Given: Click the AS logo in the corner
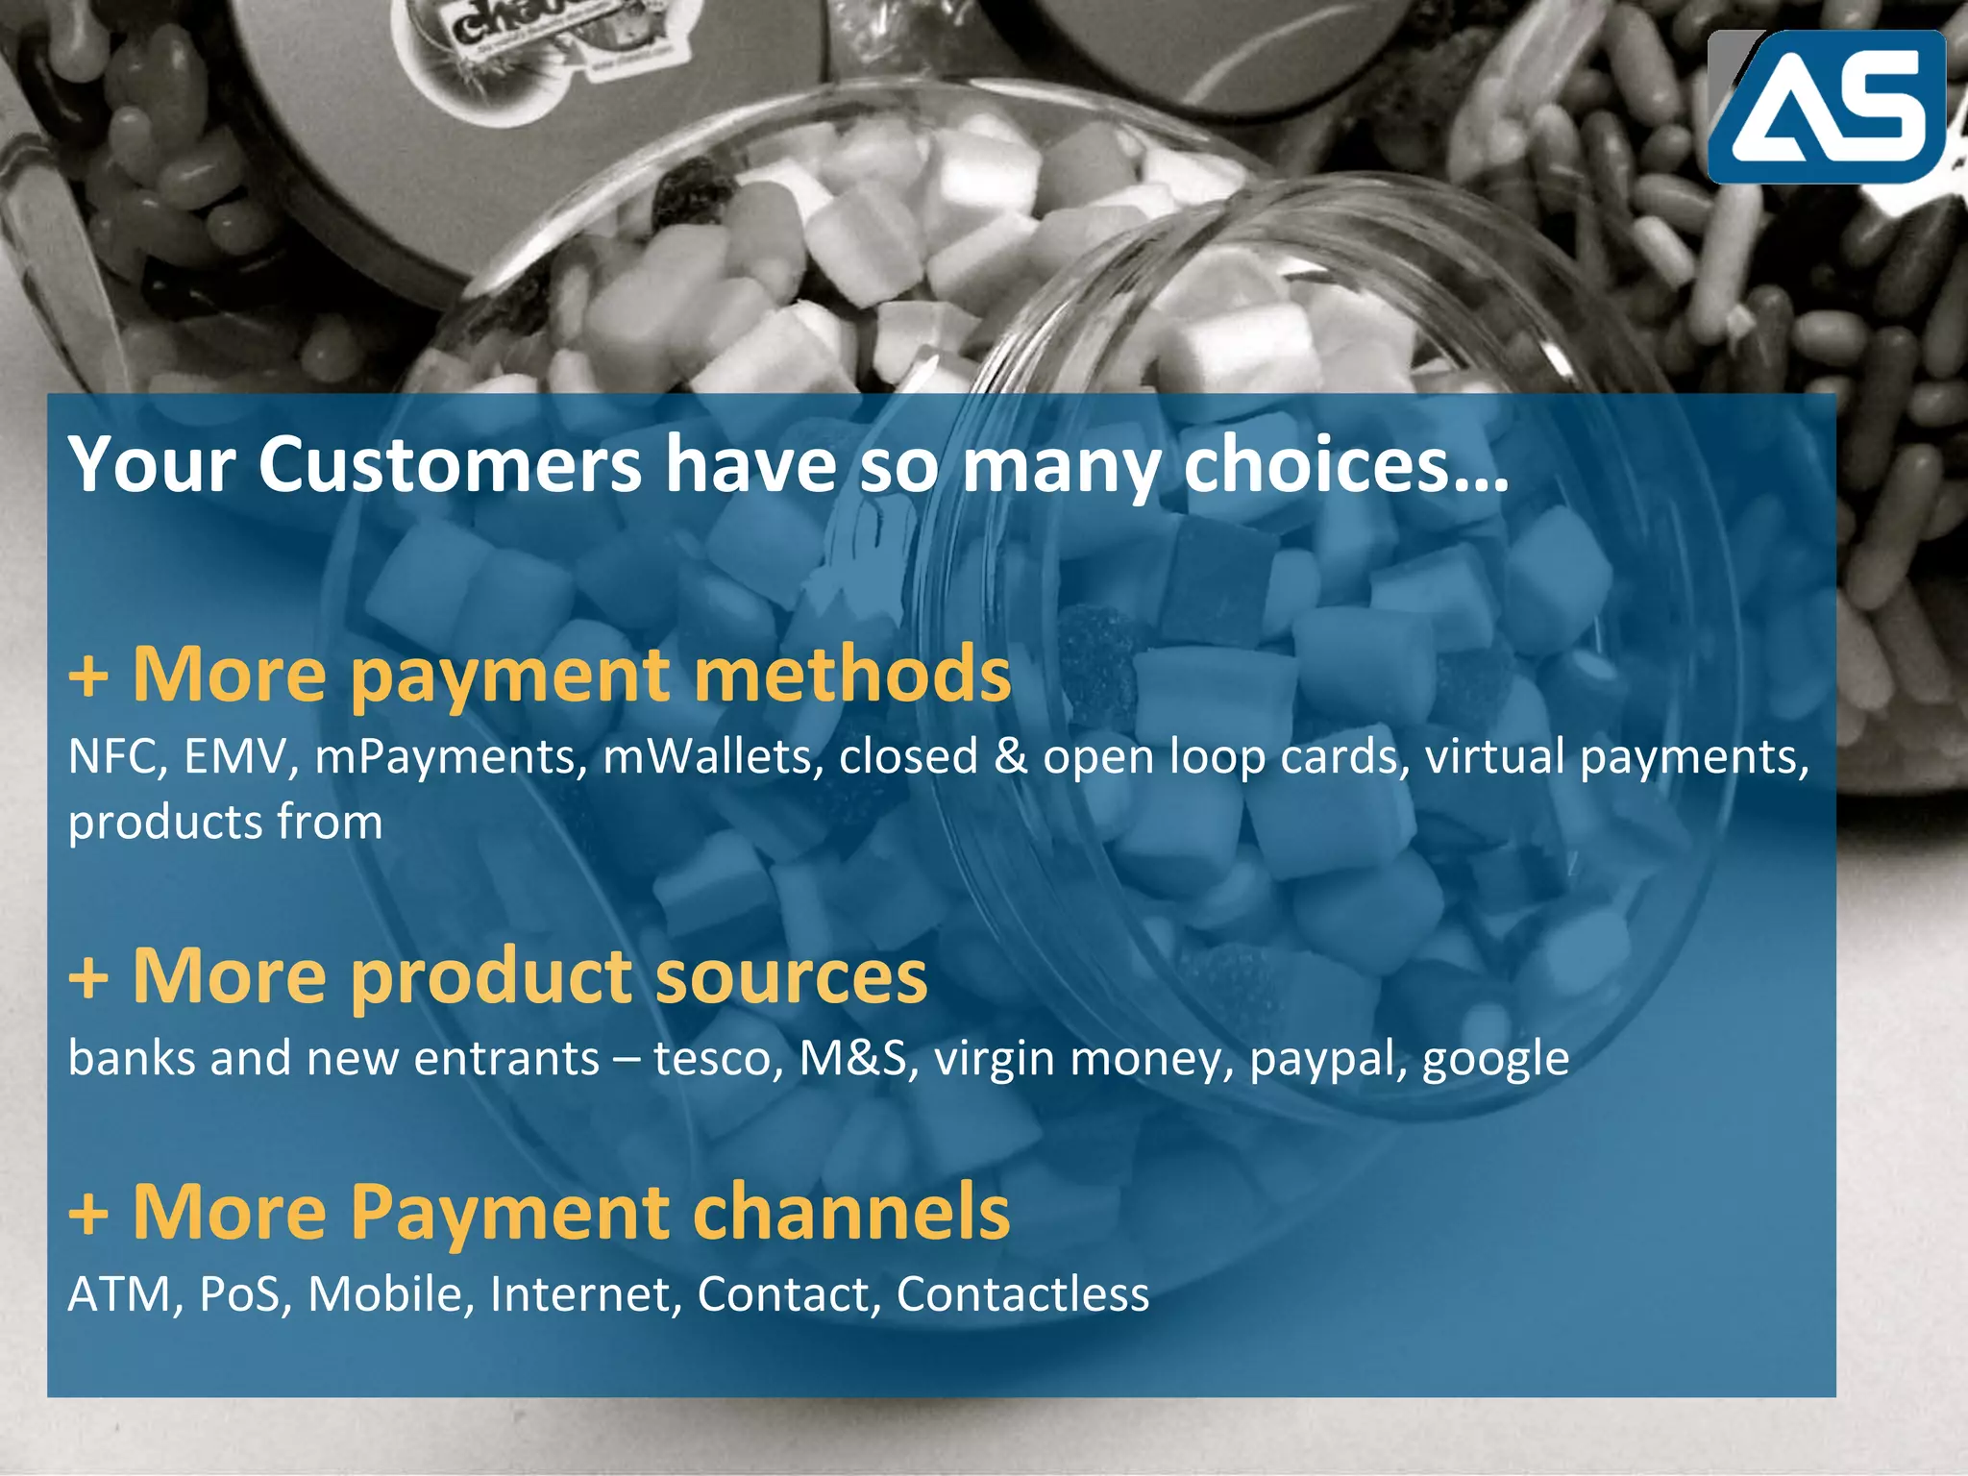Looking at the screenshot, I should tap(1826, 106).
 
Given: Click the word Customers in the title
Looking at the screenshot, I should tap(450, 465).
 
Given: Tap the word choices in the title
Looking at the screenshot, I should tap(1345, 465).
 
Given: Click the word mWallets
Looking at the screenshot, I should tap(712, 757).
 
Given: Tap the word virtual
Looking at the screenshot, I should tap(1494, 757).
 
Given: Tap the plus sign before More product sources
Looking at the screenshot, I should tap(88, 978).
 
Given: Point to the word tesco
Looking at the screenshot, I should tap(717, 1059).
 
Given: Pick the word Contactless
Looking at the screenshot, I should tap(1022, 1294).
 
